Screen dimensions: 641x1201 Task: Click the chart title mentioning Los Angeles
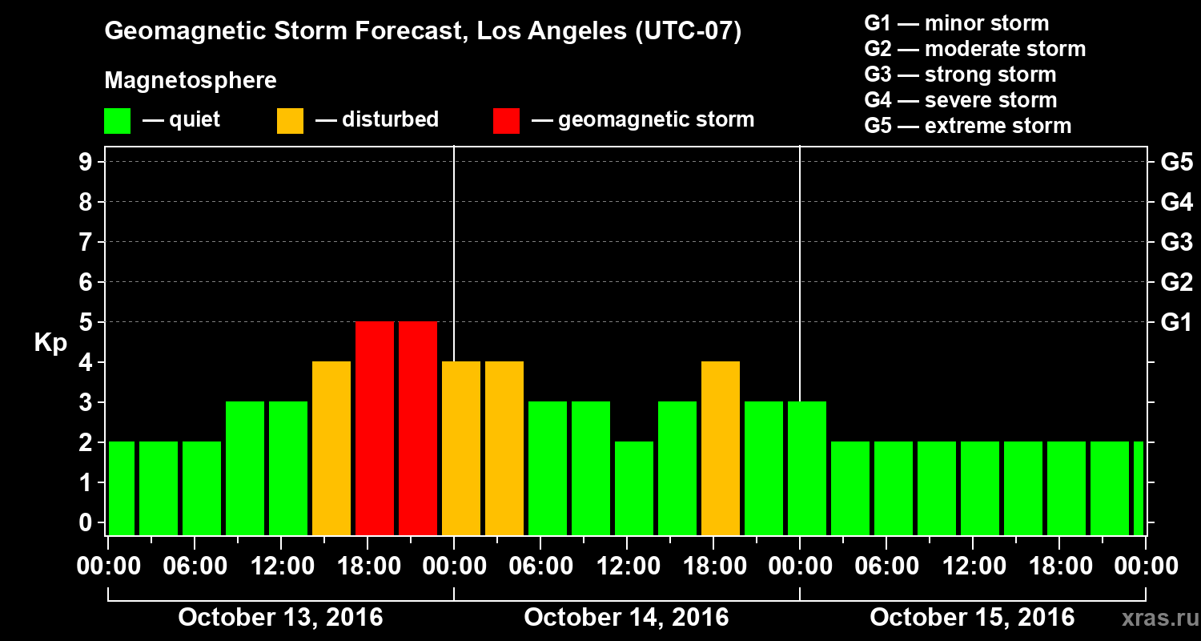(423, 32)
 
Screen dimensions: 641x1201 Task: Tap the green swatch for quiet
(117, 121)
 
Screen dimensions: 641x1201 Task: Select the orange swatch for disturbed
(290, 121)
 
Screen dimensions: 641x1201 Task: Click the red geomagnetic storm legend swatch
(506, 121)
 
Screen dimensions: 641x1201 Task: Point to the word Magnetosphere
(191, 81)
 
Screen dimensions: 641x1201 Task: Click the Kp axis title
(50, 344)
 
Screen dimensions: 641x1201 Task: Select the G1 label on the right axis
(1176, 322)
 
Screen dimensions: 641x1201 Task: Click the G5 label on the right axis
(1176, 162)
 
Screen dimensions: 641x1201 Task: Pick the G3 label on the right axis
(1176, 242)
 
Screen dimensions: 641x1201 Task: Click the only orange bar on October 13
(331, 448)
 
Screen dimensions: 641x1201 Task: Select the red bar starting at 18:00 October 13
(375, 428)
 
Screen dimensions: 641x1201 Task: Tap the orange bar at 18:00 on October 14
(721, 448)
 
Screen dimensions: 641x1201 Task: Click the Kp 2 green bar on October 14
(634, 488)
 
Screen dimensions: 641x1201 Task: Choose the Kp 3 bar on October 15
(807, 468)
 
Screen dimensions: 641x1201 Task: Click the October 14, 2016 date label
(626, 617)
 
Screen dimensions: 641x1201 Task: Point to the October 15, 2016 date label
(972, 617)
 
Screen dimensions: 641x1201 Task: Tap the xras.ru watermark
(1155, 618)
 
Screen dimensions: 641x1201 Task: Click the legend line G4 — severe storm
(961, 100)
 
